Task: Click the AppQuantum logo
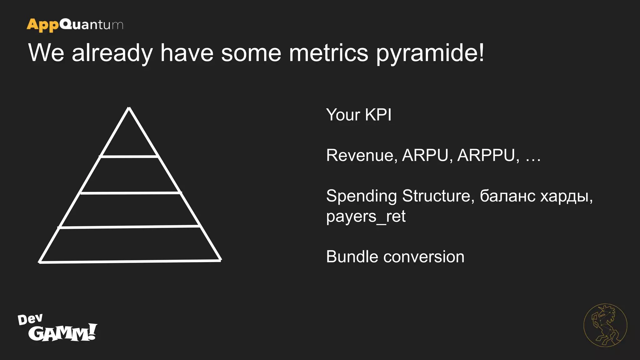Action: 75,25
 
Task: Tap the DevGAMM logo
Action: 57,328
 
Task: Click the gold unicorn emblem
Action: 605,325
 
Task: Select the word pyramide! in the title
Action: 430,53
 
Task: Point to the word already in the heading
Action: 112,53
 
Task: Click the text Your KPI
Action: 358,115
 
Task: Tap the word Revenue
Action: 362,155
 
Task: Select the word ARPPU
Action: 486,155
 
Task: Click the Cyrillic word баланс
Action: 507,196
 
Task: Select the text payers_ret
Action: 366,217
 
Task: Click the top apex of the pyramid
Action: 129,108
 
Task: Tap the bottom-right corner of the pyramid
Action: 220,260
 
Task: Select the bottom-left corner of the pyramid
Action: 40,262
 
